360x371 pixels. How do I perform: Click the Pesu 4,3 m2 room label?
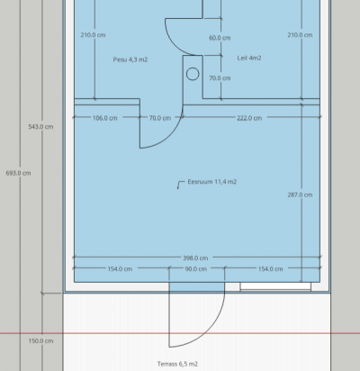(x=130, y=59)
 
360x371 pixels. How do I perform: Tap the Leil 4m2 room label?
(x=249, y=58)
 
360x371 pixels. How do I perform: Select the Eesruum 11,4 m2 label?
(x=212, y=182)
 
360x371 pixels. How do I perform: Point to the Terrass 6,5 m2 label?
(x=177, y=364)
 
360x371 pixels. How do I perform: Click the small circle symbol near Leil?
(x=193, y=74)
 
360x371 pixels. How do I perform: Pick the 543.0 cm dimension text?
(x=40, y=127)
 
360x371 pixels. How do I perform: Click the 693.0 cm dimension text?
(x=18, y=173)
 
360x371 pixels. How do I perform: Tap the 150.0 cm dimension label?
(x=40, y=341)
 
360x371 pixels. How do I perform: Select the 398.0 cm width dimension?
(x=195, y=258)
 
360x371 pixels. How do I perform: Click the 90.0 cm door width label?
(x=195, y=269)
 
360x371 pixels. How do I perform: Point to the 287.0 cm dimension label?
(x=300, y=195)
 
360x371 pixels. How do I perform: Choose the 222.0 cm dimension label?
(x=249, y=118)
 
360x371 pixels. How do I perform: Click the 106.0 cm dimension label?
(x=105, y=118)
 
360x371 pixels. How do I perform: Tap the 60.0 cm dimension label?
(x=220, y=38)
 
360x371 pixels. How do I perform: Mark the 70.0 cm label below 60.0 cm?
(x=220, y=78)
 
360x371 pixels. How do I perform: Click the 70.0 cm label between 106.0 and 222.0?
(x=160, y=118)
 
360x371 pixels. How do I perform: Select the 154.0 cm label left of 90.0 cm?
(x=120, y=269)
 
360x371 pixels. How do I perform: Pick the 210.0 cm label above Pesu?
(x=93, y=35)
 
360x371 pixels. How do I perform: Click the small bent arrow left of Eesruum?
(x=179, y=183)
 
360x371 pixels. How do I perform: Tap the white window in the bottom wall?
(x=275, y=286)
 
